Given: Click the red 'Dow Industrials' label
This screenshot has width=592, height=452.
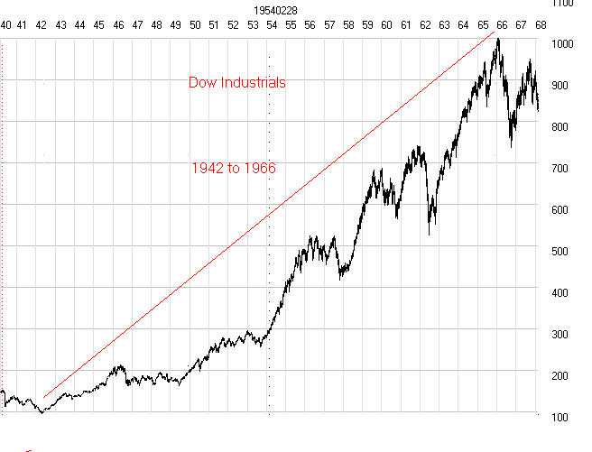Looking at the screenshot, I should point(237,83).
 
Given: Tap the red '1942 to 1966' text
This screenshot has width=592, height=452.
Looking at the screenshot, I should point(234,168).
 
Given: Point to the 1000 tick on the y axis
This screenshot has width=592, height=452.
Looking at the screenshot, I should point(561,43).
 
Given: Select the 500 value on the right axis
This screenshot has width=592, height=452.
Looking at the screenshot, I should point(560,251).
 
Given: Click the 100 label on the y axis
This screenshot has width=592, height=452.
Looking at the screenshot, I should point(560,417).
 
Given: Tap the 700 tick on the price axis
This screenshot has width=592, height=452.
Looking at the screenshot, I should point(560,168).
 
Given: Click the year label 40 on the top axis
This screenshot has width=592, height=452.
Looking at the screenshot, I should point(5,25).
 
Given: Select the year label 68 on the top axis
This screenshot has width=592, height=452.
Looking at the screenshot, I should point(540,25).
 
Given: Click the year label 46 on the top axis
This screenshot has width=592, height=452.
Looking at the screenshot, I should point(118,25).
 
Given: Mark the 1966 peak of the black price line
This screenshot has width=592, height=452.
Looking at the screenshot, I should point(498,39).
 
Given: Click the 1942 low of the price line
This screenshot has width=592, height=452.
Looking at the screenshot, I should point(41,412).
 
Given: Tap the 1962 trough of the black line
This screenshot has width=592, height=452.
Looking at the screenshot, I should point(430,235).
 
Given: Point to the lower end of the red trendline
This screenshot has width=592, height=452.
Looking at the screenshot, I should point(43,397).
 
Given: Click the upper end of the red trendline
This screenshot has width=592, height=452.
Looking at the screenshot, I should point(495,32).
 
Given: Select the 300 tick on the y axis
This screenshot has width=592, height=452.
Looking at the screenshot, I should point(560,334).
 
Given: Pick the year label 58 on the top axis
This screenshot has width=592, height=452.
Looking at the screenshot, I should point(348,25).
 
